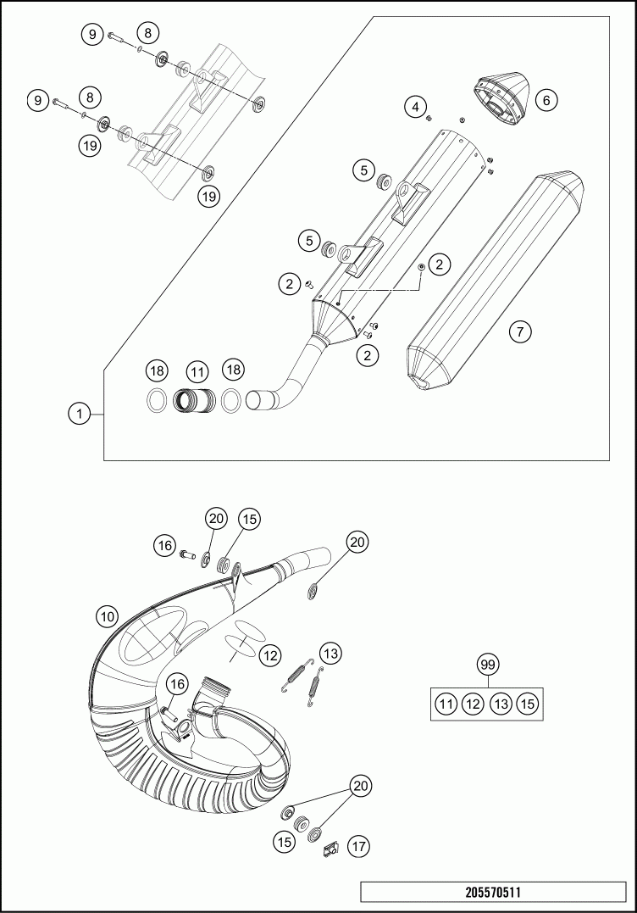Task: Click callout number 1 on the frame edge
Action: (78, 414)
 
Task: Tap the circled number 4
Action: (414, 107)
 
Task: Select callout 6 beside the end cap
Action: (546, 100)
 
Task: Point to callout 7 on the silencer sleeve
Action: (521, 331)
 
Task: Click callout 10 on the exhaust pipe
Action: (106, 617)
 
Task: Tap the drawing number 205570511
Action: (493, 893)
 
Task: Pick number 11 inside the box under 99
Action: (446, 703)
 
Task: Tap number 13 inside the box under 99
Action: (501, 703)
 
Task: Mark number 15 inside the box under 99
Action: (528, 703)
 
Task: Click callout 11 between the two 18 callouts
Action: (197, 371)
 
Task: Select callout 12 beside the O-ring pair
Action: (269, 654)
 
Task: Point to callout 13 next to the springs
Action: (330, 654)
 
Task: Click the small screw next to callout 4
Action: (429, 117)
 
